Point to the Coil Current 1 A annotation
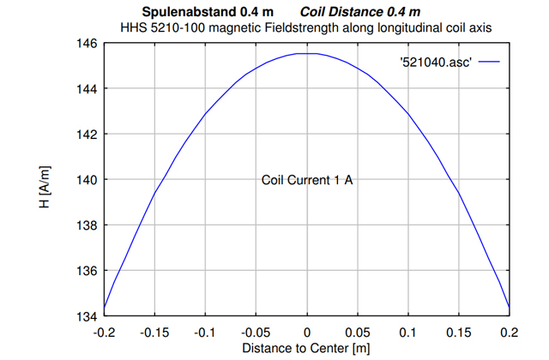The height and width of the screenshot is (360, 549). tap(307, 180)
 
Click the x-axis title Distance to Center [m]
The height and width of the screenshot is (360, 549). tap(306, 349)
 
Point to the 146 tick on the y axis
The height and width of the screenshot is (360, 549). tap(87, 44)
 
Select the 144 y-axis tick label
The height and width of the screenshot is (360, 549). tap(87, 89)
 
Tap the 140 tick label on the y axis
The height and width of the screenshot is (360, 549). tap(87, 180)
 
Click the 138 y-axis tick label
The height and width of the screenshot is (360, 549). tap(87, 225)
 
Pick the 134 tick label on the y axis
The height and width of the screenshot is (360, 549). tap(87, 315)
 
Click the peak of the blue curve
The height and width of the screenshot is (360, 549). tap(307, 53)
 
